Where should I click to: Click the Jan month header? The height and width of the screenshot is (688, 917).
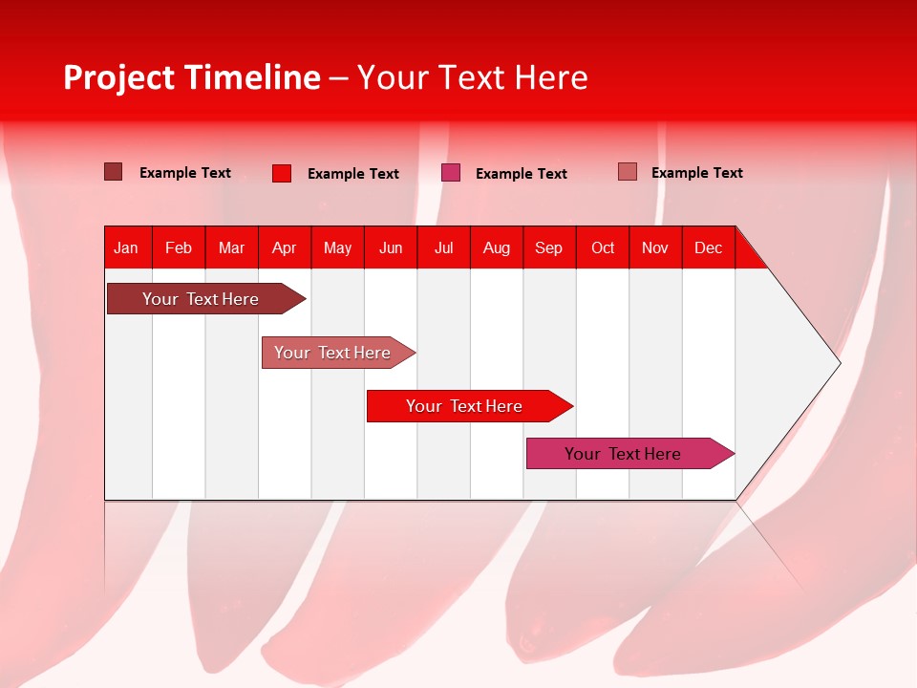click(x=126, y=248)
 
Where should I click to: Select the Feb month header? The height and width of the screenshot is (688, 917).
click(x=179, y=248)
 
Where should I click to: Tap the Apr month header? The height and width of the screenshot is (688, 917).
click(x=285, y=248)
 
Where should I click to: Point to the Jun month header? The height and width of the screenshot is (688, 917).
click(x=391, y=248)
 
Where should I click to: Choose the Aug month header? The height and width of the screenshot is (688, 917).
click(x=497, y=248)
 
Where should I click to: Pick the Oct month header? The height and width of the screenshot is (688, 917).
click(x=603, y=248)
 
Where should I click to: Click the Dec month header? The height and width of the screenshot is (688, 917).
click(x=708, y=248)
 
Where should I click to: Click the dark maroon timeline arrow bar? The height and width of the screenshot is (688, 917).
click(x=206, y=298)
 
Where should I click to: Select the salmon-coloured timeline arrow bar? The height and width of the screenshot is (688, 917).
click(x=338, y=353)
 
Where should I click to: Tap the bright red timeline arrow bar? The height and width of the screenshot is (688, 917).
click(x=470, y=406)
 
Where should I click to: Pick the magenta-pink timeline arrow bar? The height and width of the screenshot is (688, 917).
click(x=630, y=453)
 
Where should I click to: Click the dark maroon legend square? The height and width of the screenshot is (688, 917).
click(x=114, y=172)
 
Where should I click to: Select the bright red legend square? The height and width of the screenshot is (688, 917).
click(x=282, y=173)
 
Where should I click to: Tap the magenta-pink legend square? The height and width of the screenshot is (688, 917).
click(x=451, y=173)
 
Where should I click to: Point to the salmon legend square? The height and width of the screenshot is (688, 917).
click(x=628, y=172)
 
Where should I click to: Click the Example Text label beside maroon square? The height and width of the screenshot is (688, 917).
click(x=184, y=173)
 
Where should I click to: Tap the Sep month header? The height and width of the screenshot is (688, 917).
click(x=548, y=248)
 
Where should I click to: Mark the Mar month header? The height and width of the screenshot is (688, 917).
click(x=231, y=248)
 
